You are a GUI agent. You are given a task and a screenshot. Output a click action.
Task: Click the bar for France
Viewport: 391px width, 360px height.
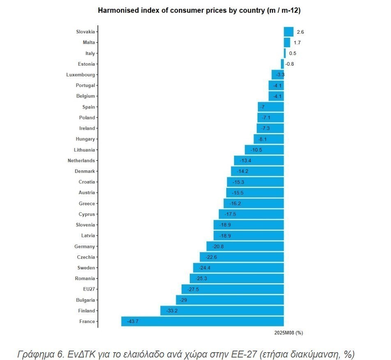202,321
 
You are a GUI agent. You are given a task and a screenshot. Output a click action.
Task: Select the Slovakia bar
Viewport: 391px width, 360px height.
288,32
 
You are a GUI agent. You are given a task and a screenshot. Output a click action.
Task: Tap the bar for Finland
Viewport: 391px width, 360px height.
222,311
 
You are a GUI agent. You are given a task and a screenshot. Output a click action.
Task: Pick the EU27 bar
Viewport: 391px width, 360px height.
232,289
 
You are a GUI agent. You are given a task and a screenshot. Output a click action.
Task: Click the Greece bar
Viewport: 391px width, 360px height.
253,204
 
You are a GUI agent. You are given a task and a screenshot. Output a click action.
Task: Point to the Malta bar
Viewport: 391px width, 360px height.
287,43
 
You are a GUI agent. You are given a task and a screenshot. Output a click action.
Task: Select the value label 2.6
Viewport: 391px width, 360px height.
300,32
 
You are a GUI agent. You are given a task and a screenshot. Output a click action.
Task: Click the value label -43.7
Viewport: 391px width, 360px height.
133,321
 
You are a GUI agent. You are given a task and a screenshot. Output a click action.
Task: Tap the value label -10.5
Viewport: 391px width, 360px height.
256,150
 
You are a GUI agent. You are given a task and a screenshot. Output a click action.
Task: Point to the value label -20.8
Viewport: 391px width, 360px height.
218,247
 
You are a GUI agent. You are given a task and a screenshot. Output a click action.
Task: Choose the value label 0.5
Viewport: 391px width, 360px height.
292,53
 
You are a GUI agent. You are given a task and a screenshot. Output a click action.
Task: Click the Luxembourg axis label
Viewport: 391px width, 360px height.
80,75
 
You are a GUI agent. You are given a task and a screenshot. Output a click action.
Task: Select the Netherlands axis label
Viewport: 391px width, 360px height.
81,161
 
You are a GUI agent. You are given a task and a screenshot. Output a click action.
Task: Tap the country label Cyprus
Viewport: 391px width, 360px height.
87,214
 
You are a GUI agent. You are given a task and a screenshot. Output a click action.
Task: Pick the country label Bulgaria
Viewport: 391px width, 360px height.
85,300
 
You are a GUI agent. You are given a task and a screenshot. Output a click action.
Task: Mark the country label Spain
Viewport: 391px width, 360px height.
88,107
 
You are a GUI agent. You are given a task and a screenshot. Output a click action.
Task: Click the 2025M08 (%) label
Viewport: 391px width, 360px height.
288,333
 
